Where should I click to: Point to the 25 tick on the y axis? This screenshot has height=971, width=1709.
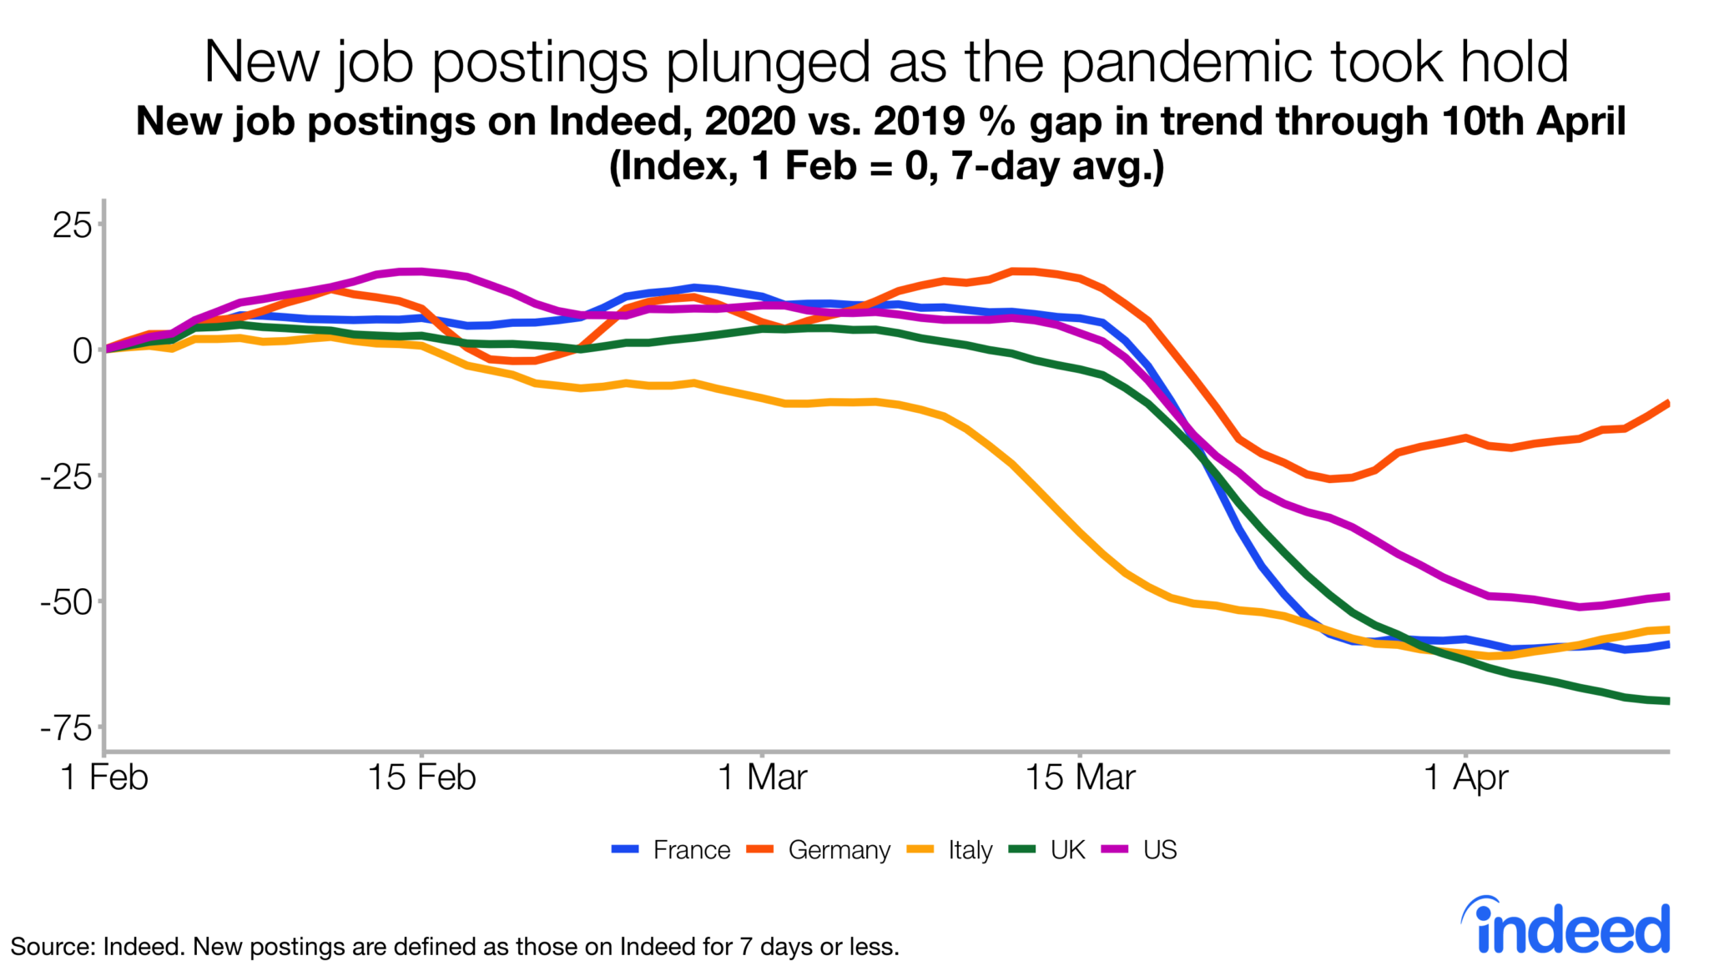pos(72,225)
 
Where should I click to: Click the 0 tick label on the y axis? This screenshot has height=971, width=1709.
pos(82,351)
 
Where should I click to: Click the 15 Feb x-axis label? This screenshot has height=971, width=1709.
pos(421,777)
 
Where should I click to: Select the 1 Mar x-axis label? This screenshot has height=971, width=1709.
pos(762,777)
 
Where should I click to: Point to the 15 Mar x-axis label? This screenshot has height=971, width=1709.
pos(1080,777)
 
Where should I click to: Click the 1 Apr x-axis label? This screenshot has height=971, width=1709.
pos(1465,777)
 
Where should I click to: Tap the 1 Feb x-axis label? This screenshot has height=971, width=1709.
pos(104,777)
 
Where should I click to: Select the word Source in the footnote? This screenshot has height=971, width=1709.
pos(52,947)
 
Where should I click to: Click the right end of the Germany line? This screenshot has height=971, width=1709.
pos(1667,404)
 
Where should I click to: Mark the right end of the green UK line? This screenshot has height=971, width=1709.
pos(1667,701)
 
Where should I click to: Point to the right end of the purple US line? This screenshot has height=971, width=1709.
pos(1667,596)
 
